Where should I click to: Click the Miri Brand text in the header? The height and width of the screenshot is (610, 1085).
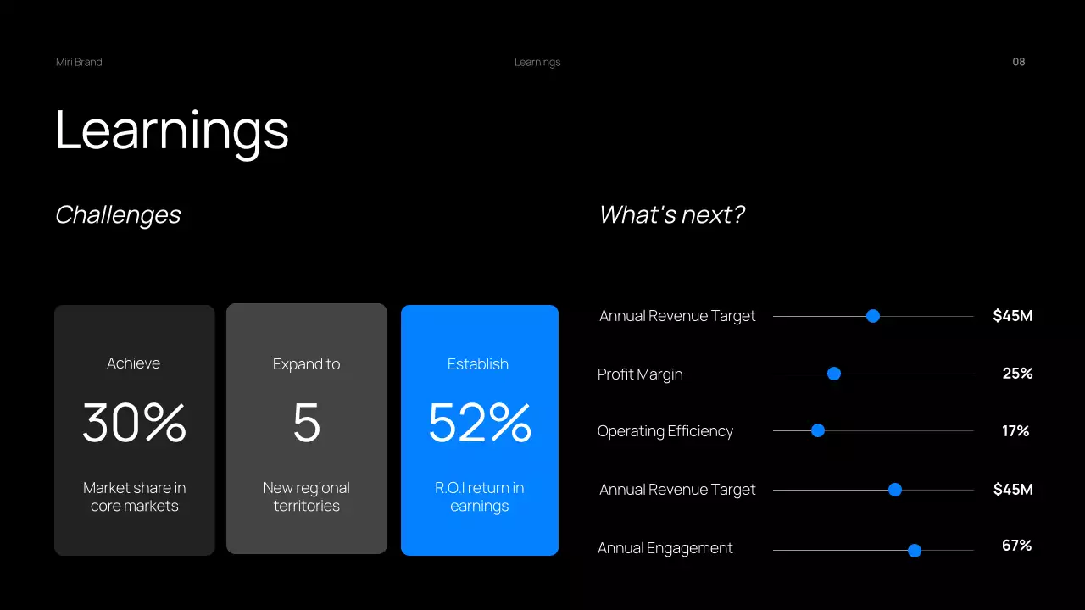(x=79, y=62)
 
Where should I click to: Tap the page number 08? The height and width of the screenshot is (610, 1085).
(x=1019, y=62)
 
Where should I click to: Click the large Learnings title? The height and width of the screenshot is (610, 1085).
(x=172, y=130)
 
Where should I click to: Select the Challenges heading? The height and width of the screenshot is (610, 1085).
(x=118, y=215)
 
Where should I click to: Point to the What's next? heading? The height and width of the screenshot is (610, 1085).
(x=671, y=215)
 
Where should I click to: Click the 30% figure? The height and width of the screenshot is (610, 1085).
(x=134, y=423)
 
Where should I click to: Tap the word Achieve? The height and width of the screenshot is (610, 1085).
(x=133, y=363)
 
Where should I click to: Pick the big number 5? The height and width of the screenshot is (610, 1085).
(x=307, y=423)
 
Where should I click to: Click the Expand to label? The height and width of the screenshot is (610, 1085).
(x=306, y=364)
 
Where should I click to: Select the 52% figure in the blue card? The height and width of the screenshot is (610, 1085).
(x=480, y=423)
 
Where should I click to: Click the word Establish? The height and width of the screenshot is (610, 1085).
(x=478, y=364)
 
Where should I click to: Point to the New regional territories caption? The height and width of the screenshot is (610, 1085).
(x=306, y=496)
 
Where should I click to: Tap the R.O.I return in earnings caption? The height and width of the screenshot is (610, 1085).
(x=480, y=496)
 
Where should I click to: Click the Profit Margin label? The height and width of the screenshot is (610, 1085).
(x=640, y=374)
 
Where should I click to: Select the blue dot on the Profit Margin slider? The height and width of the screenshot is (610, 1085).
(x=834, y=374)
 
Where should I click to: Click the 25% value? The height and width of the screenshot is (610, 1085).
(x=1017, y=374)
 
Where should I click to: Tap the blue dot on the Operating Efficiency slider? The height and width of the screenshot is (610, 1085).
(x=818, y=430)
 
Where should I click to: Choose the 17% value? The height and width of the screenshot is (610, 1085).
(x=1015, y=431)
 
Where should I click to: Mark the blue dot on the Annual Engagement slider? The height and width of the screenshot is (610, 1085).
(x=915, y=551)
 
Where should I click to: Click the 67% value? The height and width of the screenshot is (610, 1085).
(x=1016, y=546)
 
